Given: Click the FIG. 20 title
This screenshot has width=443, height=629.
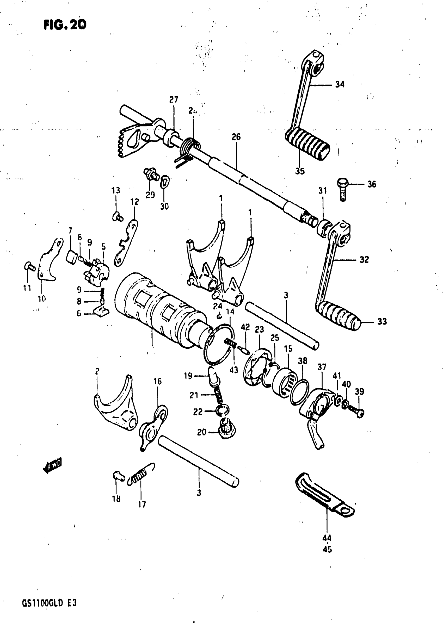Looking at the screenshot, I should [65, 25].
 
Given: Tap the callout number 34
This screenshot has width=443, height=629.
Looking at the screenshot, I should [340, 84].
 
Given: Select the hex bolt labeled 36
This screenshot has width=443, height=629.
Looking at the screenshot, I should [343, 189].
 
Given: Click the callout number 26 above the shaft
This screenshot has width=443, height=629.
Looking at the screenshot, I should [236, 137].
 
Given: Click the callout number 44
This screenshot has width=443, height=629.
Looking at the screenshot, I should [327, 538].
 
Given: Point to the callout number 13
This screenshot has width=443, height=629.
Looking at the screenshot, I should [116, 190].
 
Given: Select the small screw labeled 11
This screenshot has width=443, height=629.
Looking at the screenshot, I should [29, 266].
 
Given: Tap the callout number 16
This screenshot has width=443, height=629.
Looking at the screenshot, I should [158, 381].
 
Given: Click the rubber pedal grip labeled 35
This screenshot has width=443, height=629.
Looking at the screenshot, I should [307, 144].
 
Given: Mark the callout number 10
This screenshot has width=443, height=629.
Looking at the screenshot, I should [42, 299].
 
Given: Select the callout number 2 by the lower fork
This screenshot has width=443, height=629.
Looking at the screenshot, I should [97, 371].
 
